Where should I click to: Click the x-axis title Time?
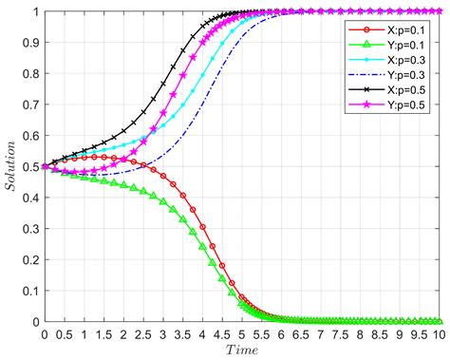point(241,351)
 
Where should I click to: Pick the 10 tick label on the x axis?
point(438,334)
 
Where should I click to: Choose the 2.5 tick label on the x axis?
point(142,334)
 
